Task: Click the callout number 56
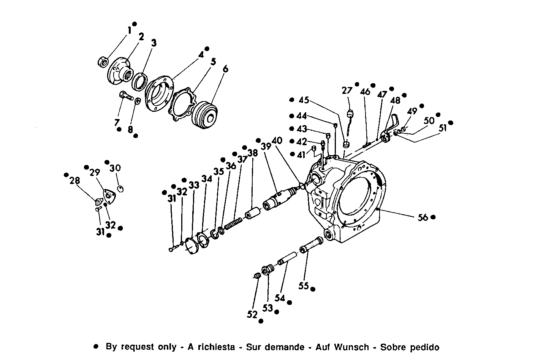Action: point(423,217)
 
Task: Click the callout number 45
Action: point(304,100)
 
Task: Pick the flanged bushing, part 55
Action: point(312,245)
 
